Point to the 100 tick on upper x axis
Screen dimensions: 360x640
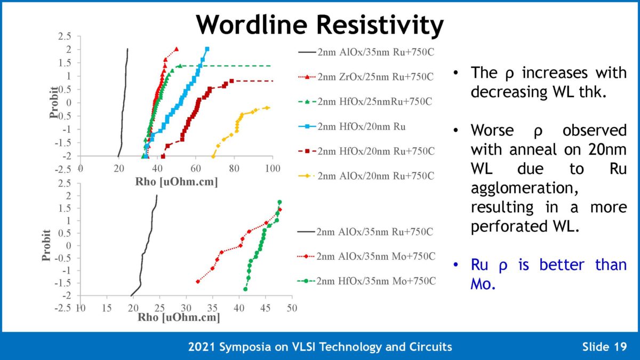point(273,169)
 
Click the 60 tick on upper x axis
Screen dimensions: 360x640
point(195,169)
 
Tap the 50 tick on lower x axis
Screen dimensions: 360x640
point(291,308)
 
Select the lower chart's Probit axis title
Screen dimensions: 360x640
point(46,245)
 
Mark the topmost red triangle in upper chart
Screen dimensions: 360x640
point(176,49)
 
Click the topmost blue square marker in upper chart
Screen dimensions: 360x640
point(207,49)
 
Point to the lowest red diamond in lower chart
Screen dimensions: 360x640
point(198,281)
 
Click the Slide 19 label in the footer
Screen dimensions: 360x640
point(603,347)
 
